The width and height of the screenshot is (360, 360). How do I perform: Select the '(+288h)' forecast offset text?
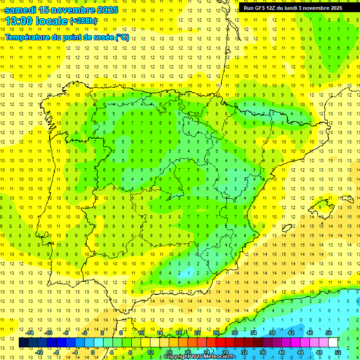[83, 21]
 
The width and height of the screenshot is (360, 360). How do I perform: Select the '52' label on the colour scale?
[338, 352]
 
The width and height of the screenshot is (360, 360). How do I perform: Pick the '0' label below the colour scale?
[92, 352]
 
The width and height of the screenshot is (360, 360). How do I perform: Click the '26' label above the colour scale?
[216, 332]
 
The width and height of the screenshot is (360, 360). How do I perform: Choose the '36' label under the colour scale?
[262, 352]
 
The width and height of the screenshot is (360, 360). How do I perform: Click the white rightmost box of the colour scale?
[333, 342]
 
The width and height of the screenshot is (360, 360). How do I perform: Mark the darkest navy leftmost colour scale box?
[23, 342]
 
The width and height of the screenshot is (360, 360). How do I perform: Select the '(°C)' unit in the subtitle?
[122, 37]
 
